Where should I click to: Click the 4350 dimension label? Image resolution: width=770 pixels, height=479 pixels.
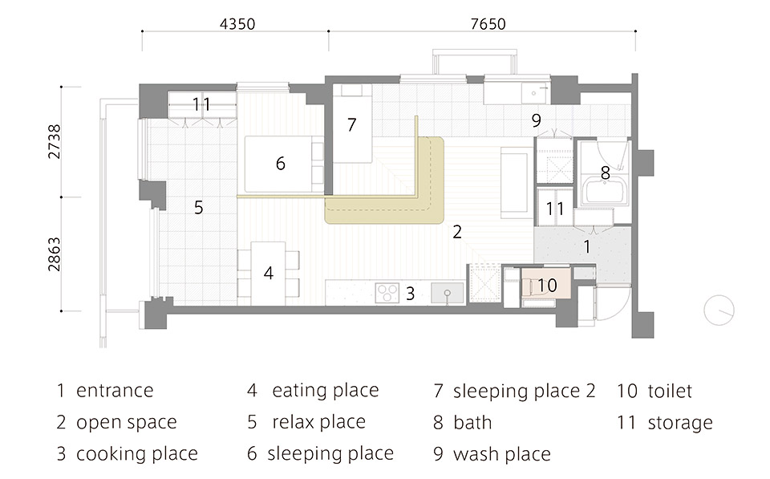[x=237, y=23]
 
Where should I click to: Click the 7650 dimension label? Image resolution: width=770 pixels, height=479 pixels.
[x=488, y=23]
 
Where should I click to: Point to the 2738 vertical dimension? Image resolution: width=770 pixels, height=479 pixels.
[x=54, y=141]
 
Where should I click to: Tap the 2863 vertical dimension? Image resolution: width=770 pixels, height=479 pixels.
[x=54, y=254]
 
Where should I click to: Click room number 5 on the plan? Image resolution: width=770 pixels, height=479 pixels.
[x=198, y=207]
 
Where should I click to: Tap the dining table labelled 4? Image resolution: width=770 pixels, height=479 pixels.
[x=268, y=273]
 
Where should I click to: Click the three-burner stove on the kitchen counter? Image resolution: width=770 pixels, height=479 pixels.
[x=387, y=293]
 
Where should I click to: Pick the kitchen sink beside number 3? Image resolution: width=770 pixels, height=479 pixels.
[x=448, y=293]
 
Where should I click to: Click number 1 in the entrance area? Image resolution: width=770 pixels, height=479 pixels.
[x=587, y=246]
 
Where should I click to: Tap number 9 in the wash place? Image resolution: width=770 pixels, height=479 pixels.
[x=537, y=120]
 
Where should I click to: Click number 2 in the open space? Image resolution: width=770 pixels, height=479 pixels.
[x=457, y=231]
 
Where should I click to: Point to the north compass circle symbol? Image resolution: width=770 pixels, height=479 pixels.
[x=719, y=311]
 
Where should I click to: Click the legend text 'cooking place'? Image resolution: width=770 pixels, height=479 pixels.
[x=137, y=453]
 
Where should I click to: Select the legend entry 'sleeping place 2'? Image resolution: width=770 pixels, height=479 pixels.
[x=524, y=391]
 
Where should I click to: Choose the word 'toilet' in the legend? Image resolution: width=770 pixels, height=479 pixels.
[x=670, y=391]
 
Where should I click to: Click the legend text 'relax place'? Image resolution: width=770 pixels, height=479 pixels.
[x=319, y=421]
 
